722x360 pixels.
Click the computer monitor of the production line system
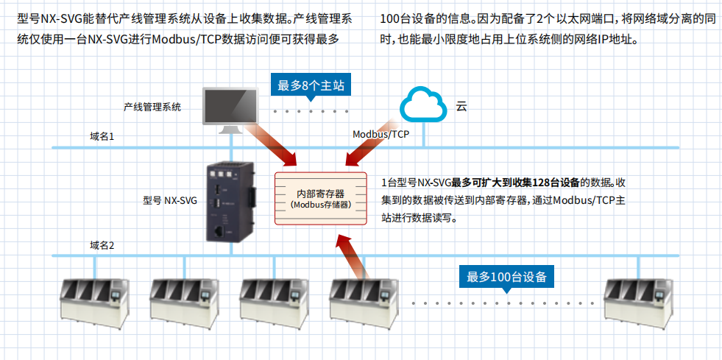230,108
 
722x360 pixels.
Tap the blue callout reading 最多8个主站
311,85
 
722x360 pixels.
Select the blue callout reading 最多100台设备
507,277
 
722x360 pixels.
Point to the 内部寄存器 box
320,197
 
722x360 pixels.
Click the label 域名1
102,136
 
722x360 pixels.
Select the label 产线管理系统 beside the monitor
152,107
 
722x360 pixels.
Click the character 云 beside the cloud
461,107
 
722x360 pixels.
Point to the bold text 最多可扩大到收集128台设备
515,182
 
